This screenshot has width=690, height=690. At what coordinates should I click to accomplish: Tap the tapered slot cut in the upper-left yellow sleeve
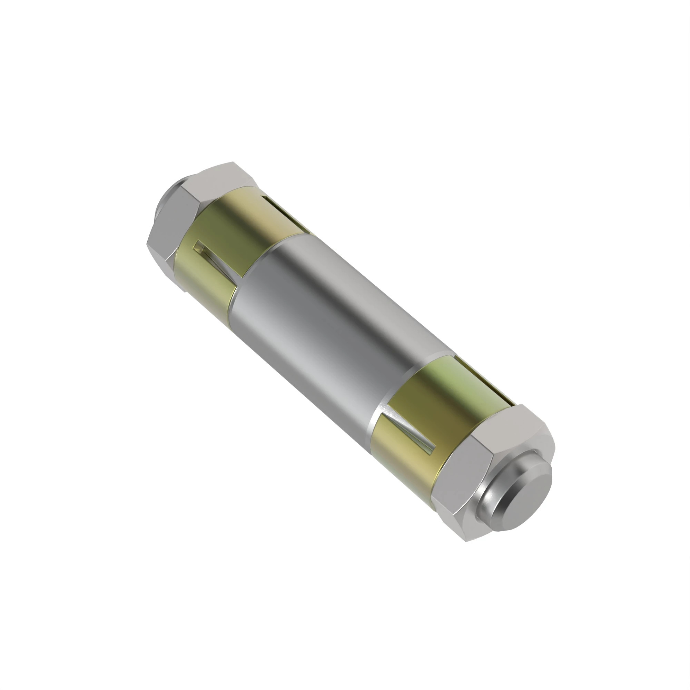tap(214, 261)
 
